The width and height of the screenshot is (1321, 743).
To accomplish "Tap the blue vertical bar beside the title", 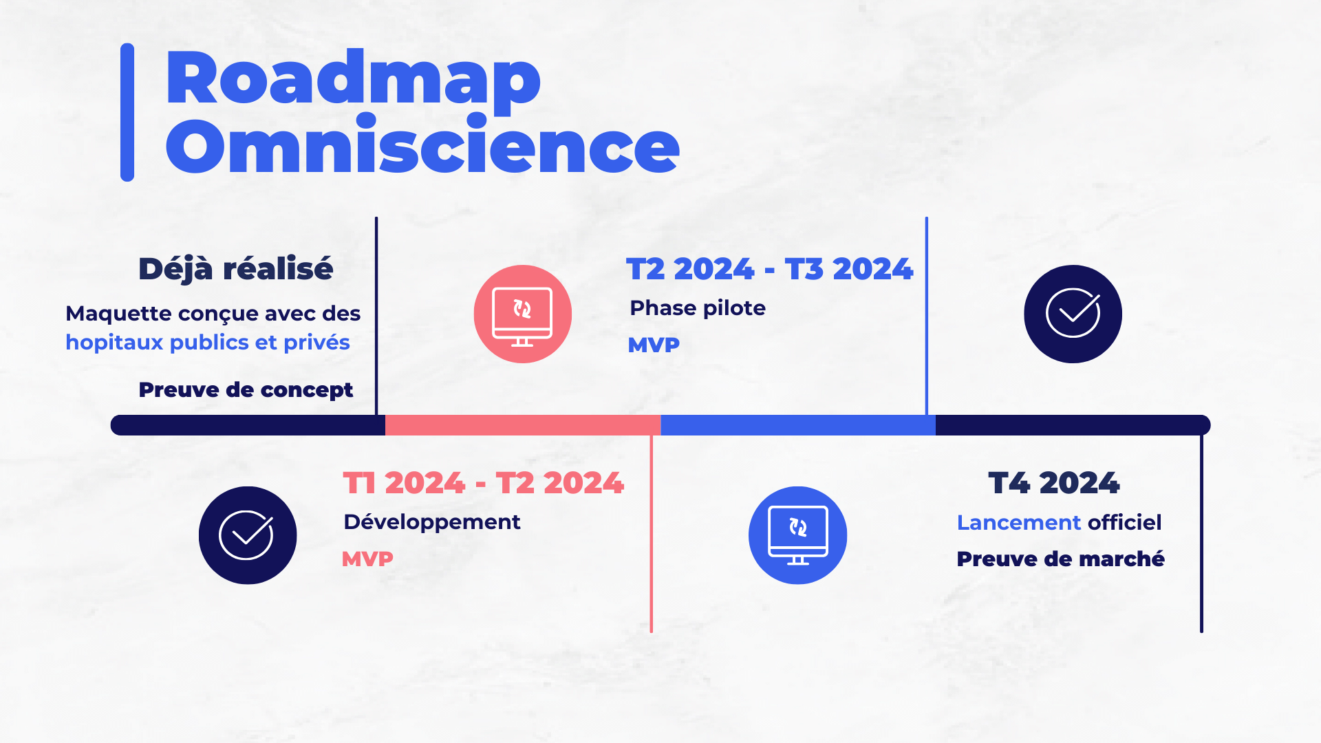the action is (x=127, y=112).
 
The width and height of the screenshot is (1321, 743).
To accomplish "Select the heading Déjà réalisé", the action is (x=236, y=268).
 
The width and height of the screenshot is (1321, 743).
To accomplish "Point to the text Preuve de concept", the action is (x=246, y=389).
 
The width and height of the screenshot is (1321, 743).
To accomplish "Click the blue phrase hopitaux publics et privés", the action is (x=208, y=342).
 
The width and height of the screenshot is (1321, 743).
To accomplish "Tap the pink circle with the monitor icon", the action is (x=523, y=314).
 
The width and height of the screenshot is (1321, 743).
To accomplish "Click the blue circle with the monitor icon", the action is (x=798, y=535).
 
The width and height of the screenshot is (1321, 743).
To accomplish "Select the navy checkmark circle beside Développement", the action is (x=248, y=535).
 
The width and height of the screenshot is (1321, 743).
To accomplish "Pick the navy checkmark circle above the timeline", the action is (x=1073, y=314).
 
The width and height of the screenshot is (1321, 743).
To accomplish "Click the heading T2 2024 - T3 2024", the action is (x=770, y=269).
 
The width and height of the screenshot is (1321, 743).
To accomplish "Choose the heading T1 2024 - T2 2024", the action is (x=484, y=483).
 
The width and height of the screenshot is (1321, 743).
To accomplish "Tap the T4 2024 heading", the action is (x=1054, y=483).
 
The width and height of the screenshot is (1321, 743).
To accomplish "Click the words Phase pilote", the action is (x=698, y=308).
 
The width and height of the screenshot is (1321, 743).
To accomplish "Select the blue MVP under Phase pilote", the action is (x=654, y=345).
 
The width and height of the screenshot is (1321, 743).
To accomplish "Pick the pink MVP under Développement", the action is (x=367, y=559).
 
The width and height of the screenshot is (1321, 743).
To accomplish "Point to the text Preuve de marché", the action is (x=1061, y=559).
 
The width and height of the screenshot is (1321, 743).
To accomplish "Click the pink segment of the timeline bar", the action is (x=523, y=425).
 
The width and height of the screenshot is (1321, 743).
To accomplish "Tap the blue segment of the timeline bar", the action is (x=798, y=425).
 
